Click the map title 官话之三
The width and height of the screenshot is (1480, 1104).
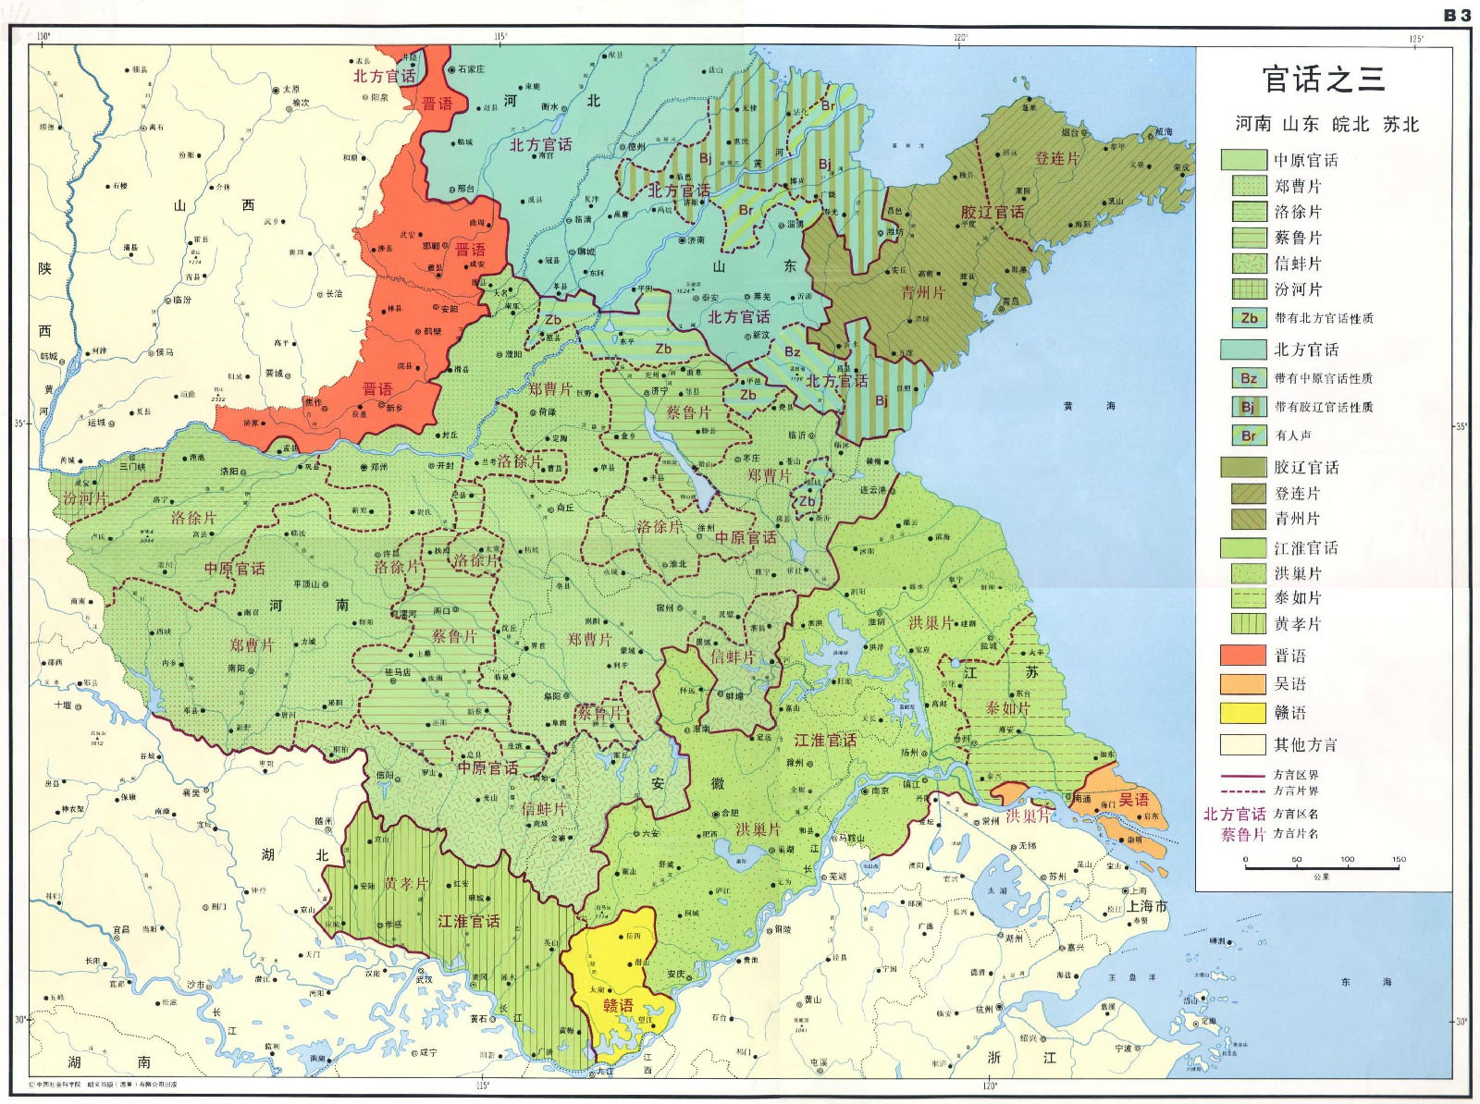[x=1324, y=80]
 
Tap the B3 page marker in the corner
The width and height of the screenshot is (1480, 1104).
[x=1457, y=15]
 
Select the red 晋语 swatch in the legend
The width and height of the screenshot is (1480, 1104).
[x=1242, y=656]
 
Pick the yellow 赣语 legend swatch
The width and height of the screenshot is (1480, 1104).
[x=1242, y=713]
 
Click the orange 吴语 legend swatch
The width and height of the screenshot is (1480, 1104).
[x=1242, y=684]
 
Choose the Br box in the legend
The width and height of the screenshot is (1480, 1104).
[x=1249, y=435]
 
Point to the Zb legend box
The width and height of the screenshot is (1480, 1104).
[x=1249, y=318]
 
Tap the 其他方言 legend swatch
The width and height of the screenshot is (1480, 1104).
[x=1242, y=744]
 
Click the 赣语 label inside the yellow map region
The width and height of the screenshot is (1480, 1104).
[x=618, y=1005]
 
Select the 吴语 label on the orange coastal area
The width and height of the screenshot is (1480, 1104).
[x=1133, y=799]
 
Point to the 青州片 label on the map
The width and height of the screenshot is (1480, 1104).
[x=922, y=293]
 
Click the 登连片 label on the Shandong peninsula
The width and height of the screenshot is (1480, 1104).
[x=1056, y=159]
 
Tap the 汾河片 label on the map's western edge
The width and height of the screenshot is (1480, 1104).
[x=85, y=498]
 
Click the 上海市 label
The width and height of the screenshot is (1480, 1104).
[x=1146, y=906]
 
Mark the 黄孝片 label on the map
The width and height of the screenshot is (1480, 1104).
[x=406, y=884]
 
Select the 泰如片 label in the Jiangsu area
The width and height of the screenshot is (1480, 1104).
[x=1007, y=708]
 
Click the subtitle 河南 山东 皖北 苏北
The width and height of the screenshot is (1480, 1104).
[x=1326, y=125]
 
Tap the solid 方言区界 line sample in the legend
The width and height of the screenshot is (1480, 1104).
[x=1242, y=776]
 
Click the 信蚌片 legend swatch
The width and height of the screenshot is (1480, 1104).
[x=1249, y=264]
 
